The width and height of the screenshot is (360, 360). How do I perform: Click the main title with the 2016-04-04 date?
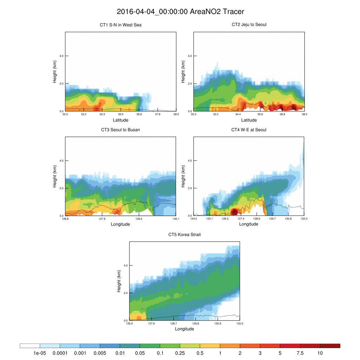180,12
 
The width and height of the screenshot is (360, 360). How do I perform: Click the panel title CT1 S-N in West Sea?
121,25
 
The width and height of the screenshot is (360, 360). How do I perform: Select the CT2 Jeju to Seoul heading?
249,25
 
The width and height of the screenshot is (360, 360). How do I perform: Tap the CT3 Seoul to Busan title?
121,130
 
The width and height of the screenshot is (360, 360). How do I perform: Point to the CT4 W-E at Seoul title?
249,130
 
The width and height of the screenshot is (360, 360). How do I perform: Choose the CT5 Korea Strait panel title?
185,234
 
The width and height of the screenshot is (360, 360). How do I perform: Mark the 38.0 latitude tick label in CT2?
304,114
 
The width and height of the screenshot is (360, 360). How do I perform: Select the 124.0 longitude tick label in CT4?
194,219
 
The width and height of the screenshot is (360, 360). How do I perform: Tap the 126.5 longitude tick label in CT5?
129,323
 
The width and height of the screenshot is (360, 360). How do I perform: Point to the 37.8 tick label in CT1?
157,114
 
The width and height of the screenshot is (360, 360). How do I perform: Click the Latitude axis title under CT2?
249,120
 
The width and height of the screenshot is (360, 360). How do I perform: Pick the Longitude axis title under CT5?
185,329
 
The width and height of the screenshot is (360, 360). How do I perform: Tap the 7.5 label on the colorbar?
300,353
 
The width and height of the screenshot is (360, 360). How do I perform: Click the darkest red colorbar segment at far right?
330,346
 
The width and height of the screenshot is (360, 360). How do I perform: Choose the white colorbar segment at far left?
30,346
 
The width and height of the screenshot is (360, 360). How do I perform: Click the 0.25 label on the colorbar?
180,353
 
